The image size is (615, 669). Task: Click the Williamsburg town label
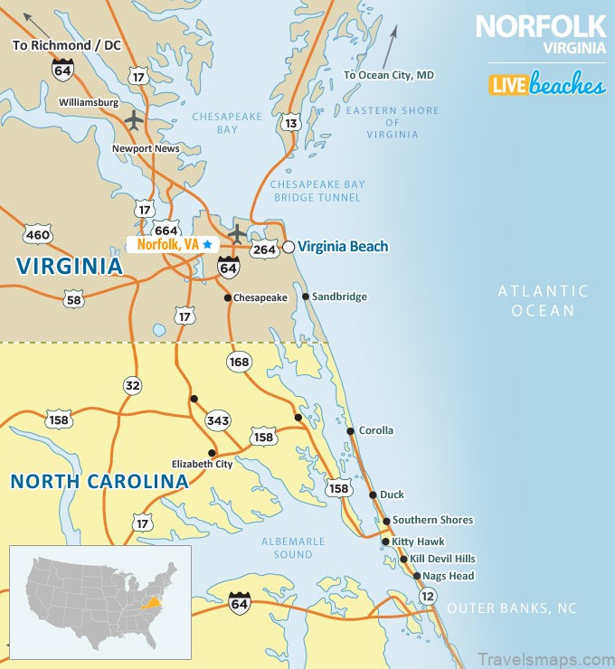pos(89,102)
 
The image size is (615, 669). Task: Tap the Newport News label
pos(145,148)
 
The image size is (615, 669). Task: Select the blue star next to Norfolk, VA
pos(207,244)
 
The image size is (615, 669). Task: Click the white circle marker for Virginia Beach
pos(289,246)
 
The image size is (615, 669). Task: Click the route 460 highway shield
pos(38,235)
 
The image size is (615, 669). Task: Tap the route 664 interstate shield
pos(166,230)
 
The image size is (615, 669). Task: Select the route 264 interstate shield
pos(263,249)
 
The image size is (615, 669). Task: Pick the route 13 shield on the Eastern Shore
pos(290,122)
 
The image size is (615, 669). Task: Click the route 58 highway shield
pos(74,298)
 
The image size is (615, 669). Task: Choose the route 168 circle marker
pos(239,362)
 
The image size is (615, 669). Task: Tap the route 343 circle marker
pos(218,420)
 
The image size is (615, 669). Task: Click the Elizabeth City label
pos(203,465)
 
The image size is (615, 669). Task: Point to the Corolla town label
pos(376,430)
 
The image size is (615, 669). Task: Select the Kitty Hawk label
pos(418,542)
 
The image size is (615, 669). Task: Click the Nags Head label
pos(448,576)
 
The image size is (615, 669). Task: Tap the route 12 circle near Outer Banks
pos(428,596)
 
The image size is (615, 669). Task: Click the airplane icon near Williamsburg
pos(134,118)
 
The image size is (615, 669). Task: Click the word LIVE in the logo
pos(507,86)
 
